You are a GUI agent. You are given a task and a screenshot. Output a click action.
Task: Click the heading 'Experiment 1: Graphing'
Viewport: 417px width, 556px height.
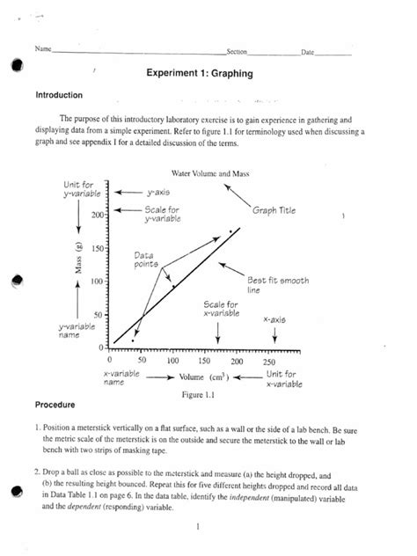pos(201,76)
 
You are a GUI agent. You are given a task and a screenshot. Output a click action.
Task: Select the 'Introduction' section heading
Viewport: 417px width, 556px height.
pos(59,95)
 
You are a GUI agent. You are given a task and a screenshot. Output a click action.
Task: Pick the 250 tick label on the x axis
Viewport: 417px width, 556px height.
pos(269,361)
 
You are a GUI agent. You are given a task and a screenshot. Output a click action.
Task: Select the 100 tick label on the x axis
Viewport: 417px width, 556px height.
pos(172,361)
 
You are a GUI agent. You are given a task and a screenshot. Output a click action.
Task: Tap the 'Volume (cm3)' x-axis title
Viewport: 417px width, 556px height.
pos(215,377)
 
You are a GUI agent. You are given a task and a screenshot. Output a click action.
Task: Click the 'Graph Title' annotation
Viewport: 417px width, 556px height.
pos(274,211)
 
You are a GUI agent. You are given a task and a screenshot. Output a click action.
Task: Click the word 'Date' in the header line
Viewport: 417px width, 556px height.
pos(308,54)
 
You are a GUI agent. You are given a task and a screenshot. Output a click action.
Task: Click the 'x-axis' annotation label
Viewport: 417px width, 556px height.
pos(276,319)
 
